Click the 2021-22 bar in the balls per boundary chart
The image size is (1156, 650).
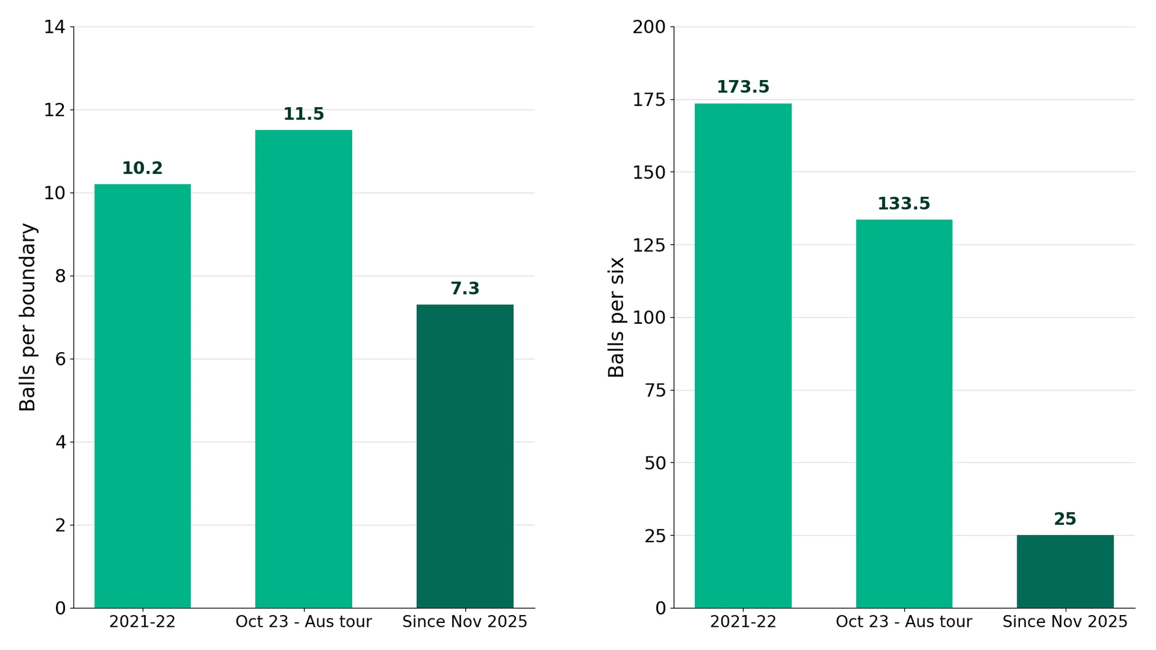[x=142, y=396]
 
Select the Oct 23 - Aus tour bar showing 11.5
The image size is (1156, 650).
[x=304, y=369]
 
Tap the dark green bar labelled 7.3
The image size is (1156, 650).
[x=465, y=456]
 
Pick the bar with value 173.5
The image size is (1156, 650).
[x=743, y=356]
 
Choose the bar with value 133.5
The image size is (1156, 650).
[x=904, y=414]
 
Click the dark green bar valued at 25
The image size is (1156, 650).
[x=1065, y=572]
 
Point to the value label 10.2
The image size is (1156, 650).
[x=142, y=168]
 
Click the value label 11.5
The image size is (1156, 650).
[x=304, y=114]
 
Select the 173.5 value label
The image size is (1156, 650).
[x=743, y=87]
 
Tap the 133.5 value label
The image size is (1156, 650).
[x=904, y=204]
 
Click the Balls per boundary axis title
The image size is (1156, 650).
[x=28, y=317]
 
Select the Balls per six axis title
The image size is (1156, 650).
[x=616, y=317]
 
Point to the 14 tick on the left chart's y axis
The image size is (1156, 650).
[x=55, y=27]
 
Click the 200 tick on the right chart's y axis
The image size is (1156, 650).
[x=649, y=27]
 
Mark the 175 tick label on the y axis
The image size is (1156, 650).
[x=649, y=100]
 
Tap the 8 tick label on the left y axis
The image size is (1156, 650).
[x=60, y=276]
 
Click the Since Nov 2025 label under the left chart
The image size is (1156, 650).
[x=465, y=622]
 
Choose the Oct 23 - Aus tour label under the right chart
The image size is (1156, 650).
[x=904, y=622]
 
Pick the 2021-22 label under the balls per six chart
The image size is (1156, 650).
[x=743, y=622]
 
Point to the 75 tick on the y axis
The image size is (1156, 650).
[x=655, y=390]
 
